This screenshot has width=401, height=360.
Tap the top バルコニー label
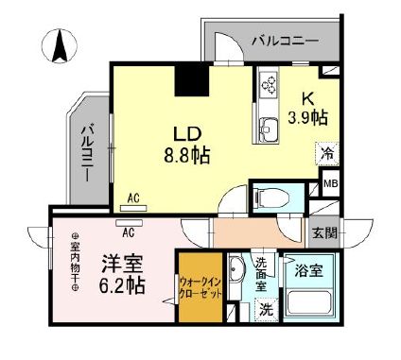click(285, 41)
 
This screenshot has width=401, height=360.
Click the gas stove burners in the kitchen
click(265, 85)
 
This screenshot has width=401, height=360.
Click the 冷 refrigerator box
click(323, 150)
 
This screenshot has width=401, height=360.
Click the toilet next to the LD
click(269, 197)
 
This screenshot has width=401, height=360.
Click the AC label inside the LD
click(133, 197)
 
